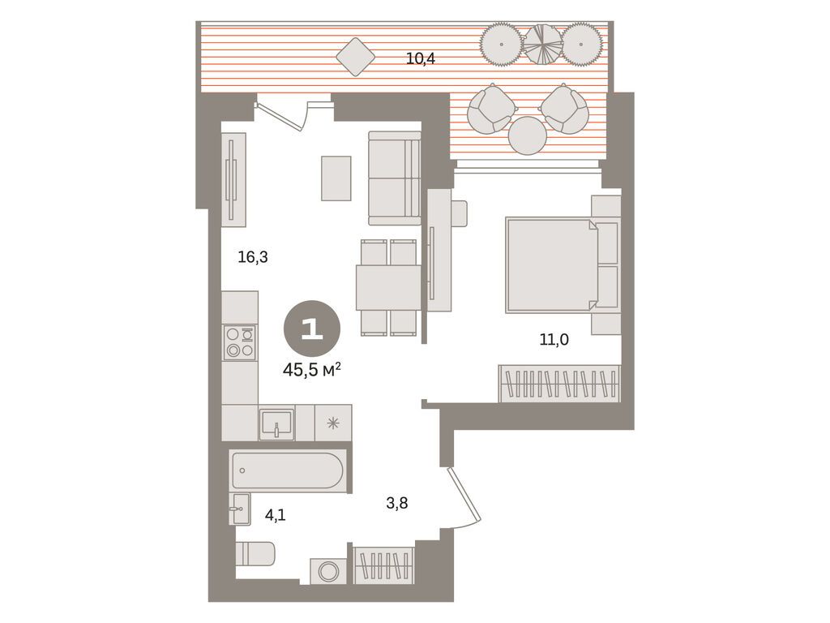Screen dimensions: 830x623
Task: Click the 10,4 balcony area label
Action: [x=421, y=58]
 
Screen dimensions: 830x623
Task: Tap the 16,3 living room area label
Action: [x=253, y=257]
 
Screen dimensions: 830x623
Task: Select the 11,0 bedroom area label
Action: [x=554, y=339]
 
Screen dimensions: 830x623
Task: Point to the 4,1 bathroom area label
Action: [x=276, y=514]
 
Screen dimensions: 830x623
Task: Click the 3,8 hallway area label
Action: [x=396, y=503]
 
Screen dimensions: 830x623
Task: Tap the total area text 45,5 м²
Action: [x=311, y=370]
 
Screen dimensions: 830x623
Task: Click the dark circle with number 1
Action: [x=312, y=329]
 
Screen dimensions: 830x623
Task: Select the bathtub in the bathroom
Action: [x=289, y=470]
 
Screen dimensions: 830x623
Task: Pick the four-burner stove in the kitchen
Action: [x=240, y=342]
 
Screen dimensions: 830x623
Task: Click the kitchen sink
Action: [x=276, y=423]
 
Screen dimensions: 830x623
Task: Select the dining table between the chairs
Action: [x=388, y=288]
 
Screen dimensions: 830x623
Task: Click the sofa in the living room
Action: [x=395, y=178]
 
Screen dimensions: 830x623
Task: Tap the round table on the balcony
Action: [x=528, y=135]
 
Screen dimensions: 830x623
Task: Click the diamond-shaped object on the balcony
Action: [x=356, y=57]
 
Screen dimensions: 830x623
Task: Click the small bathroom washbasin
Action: [x=240, y=509]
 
